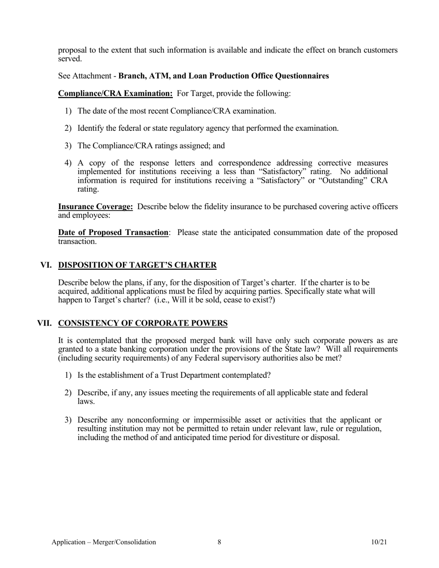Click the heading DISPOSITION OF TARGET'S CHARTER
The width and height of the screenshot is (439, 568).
(137, 265)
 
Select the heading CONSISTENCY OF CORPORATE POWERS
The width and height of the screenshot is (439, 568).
(143, 323)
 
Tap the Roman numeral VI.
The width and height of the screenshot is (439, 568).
(46, 265)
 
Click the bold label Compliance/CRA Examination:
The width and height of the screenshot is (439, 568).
(116, 93)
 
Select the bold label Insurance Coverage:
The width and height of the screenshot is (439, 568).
(96, 207)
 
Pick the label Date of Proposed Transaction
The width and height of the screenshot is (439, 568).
(113, 232)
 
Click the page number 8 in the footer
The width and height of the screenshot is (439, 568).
(219, 542)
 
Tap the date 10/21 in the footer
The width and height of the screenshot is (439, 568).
(378, 542)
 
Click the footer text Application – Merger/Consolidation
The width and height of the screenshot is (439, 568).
(104, 542)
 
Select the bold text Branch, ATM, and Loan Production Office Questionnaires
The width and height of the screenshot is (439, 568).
(224, 76)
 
